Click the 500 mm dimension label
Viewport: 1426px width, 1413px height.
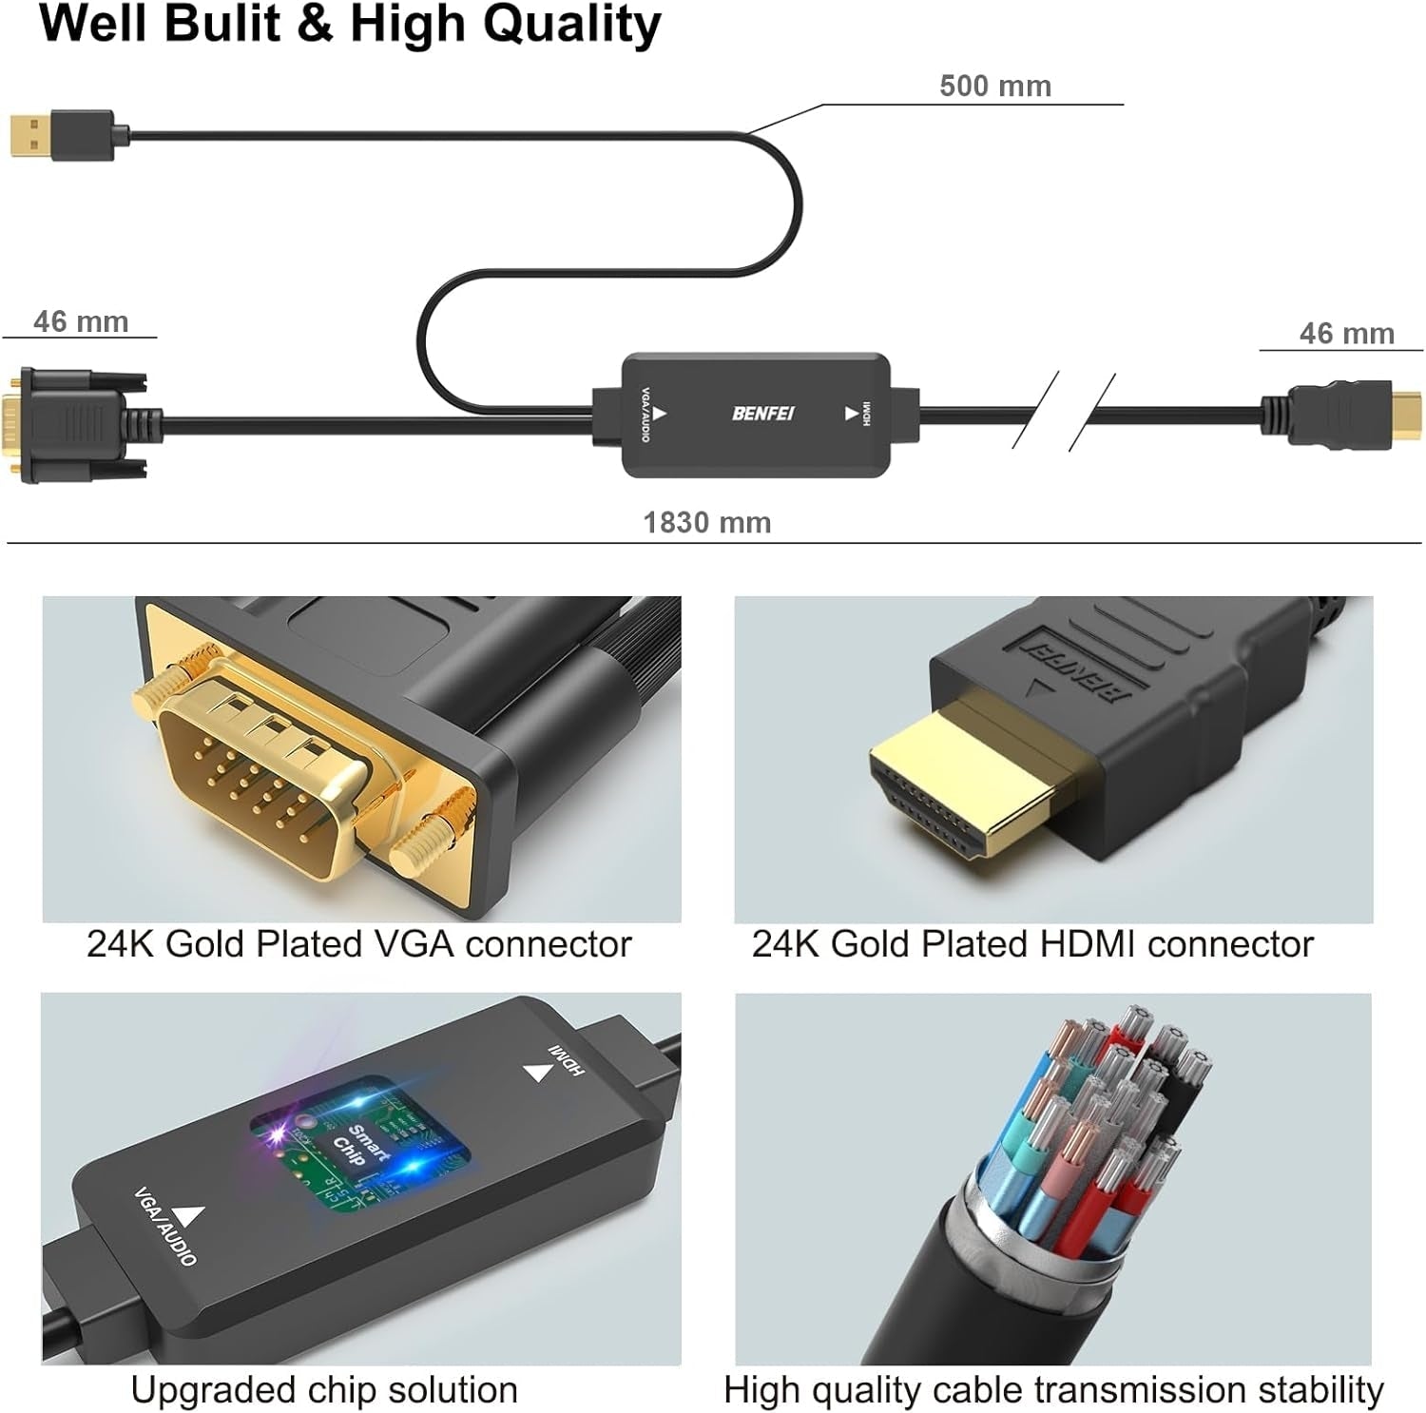(x=994, y=87)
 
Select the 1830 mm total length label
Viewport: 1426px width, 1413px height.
(x=706, y=523)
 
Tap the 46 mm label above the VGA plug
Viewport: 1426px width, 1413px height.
(x=81, y=322)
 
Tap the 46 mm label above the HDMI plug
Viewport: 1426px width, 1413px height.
(x=1346, y=334)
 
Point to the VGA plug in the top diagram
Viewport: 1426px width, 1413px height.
(x=76, y=424)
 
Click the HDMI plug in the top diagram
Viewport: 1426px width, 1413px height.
(x=1340, y=416)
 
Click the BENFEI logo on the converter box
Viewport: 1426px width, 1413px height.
(x=762, y=414)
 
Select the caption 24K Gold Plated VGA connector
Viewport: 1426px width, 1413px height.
(x=358, y=944)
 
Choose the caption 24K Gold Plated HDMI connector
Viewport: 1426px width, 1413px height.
(x=1032, y=944)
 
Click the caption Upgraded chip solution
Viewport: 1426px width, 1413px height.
(x=324, y=1390)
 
